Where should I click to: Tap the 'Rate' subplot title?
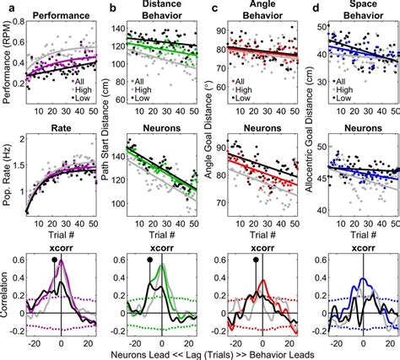click(61, 129)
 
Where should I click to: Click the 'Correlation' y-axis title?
click(7, 298)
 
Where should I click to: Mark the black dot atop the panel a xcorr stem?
click(56, 261)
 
